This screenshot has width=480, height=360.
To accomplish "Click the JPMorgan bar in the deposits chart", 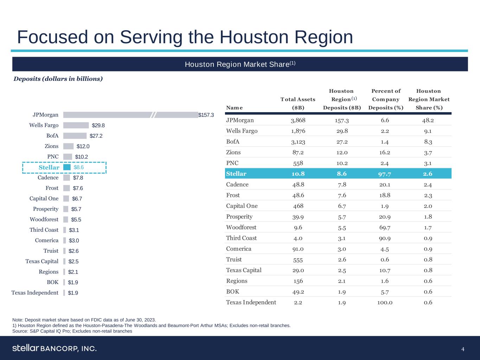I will coord(130,115).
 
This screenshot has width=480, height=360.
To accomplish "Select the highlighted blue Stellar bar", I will coord(67,167).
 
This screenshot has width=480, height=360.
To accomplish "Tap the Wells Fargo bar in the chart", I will coord(76,126).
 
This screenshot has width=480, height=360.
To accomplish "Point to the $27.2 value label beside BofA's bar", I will coord(96,136).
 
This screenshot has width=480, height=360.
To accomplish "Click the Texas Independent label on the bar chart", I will coord(35,293).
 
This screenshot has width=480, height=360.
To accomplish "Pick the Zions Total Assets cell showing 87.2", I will coord(298,152).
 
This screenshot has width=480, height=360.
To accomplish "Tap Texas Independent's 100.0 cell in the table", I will coord(385,302).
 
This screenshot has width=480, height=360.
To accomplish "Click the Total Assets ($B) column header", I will coord(298,103).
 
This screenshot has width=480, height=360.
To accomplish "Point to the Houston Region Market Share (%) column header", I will coord(429,99).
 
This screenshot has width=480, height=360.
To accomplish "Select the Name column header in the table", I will coord(234,108).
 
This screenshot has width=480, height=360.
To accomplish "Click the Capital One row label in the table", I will coord(242,206).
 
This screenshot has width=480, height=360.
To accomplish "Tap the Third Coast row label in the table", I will coord(241,238).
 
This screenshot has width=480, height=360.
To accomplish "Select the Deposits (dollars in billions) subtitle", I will coord(58,79).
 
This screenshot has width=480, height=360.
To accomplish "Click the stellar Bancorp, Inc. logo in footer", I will coord(55,348).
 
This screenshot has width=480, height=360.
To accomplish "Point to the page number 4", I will coord(463,349).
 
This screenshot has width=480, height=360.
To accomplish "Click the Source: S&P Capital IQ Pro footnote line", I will coord(72,331).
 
